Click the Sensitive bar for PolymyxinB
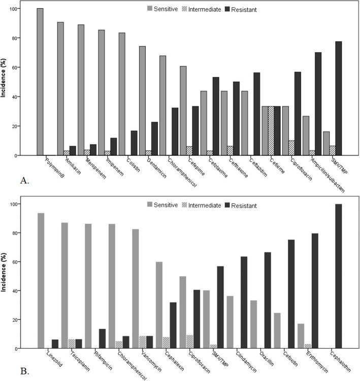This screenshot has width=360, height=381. pyautogui.click(x=40, y=82)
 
